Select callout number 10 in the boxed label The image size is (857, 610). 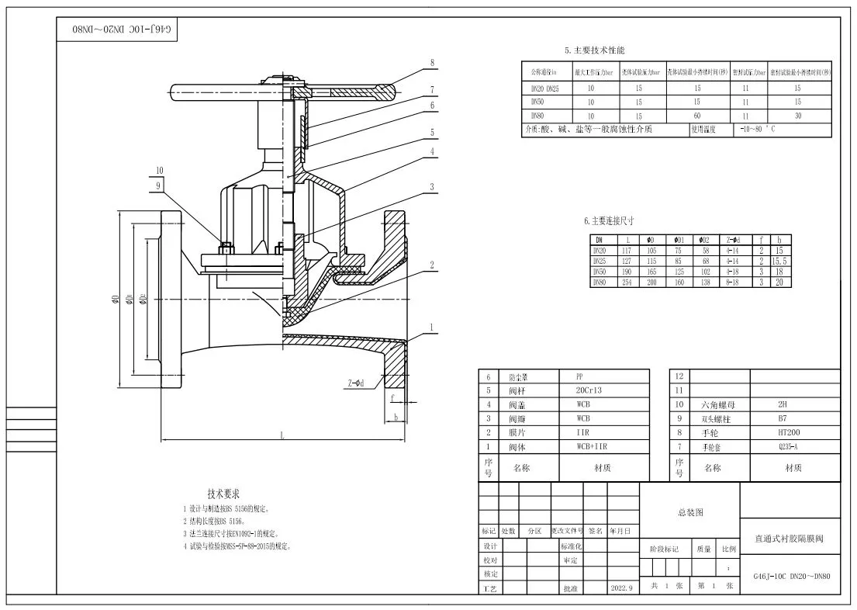click(159, 170)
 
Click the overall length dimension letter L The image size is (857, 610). click(282, 436)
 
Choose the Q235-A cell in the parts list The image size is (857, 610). click(788, 446)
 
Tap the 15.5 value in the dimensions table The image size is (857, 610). click(780, 262)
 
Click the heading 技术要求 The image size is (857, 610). click(223, 494)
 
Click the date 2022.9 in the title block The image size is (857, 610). click(622, 588)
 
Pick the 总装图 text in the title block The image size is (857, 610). click(689, 512)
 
